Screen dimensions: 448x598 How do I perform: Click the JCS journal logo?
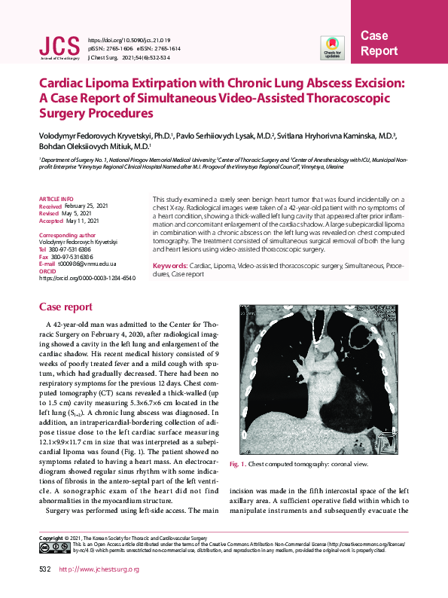click(x=59, y=47)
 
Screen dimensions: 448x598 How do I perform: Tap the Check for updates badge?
click(x=332, y=47)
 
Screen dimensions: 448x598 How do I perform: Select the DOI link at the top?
click(x=130, y=38)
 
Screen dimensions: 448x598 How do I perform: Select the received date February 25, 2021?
click(x=89, y=205)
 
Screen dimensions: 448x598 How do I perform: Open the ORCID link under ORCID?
click(x=77, y=278)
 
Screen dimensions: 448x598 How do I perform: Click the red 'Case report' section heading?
click(x=66, y=307)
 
